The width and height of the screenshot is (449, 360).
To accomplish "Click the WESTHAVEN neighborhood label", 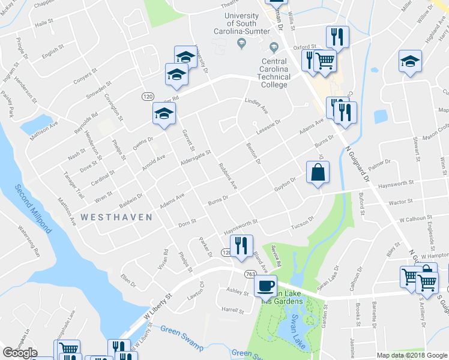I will pos(116,217).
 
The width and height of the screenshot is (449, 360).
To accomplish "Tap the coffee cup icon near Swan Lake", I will pos(265,286).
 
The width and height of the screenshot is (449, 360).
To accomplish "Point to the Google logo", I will pos(19,353).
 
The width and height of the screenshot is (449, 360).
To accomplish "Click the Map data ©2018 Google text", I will pos(411,355).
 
